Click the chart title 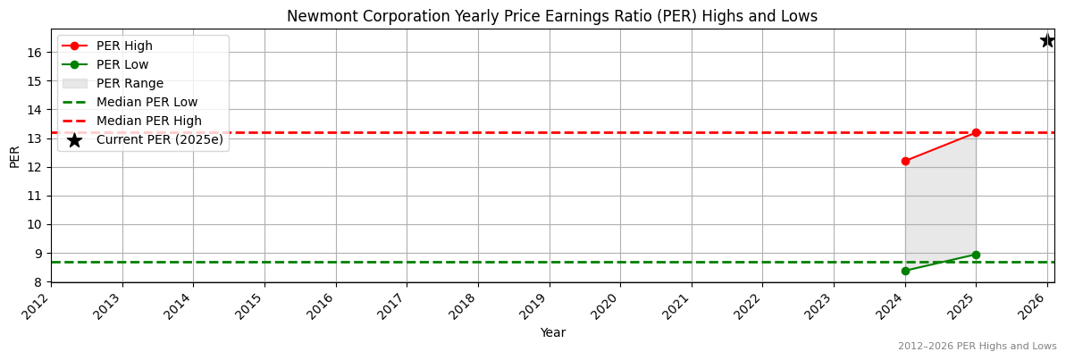(x=551, y=16)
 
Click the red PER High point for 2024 (x=905, y=161)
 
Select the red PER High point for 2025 (x=976, y=132)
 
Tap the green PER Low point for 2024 (x=905, y=271)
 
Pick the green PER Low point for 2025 (x=976, y=255)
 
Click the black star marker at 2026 (x=1047, y=40)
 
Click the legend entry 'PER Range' (x=130, y=83)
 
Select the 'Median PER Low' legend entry (x=147, y=102)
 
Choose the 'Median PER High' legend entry (x=148, y=121)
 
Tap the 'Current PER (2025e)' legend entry (x=159, y=139)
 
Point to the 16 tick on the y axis (x=36, y=53)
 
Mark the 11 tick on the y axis (x=36, y=196)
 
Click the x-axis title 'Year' (x=552, y=333)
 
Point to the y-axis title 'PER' (x=14, y=155)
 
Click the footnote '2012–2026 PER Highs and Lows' (x=977, y=347)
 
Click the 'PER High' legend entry (x=124, y=46)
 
